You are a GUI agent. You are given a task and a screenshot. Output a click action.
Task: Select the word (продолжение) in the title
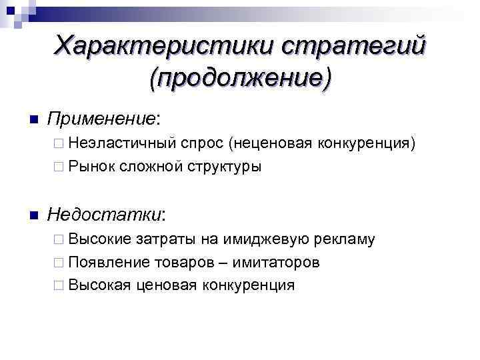coord(240,78)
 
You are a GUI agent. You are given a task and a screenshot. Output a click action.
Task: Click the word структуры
coord(223,166)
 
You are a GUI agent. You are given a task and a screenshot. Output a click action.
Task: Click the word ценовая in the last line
coord(163,285)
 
